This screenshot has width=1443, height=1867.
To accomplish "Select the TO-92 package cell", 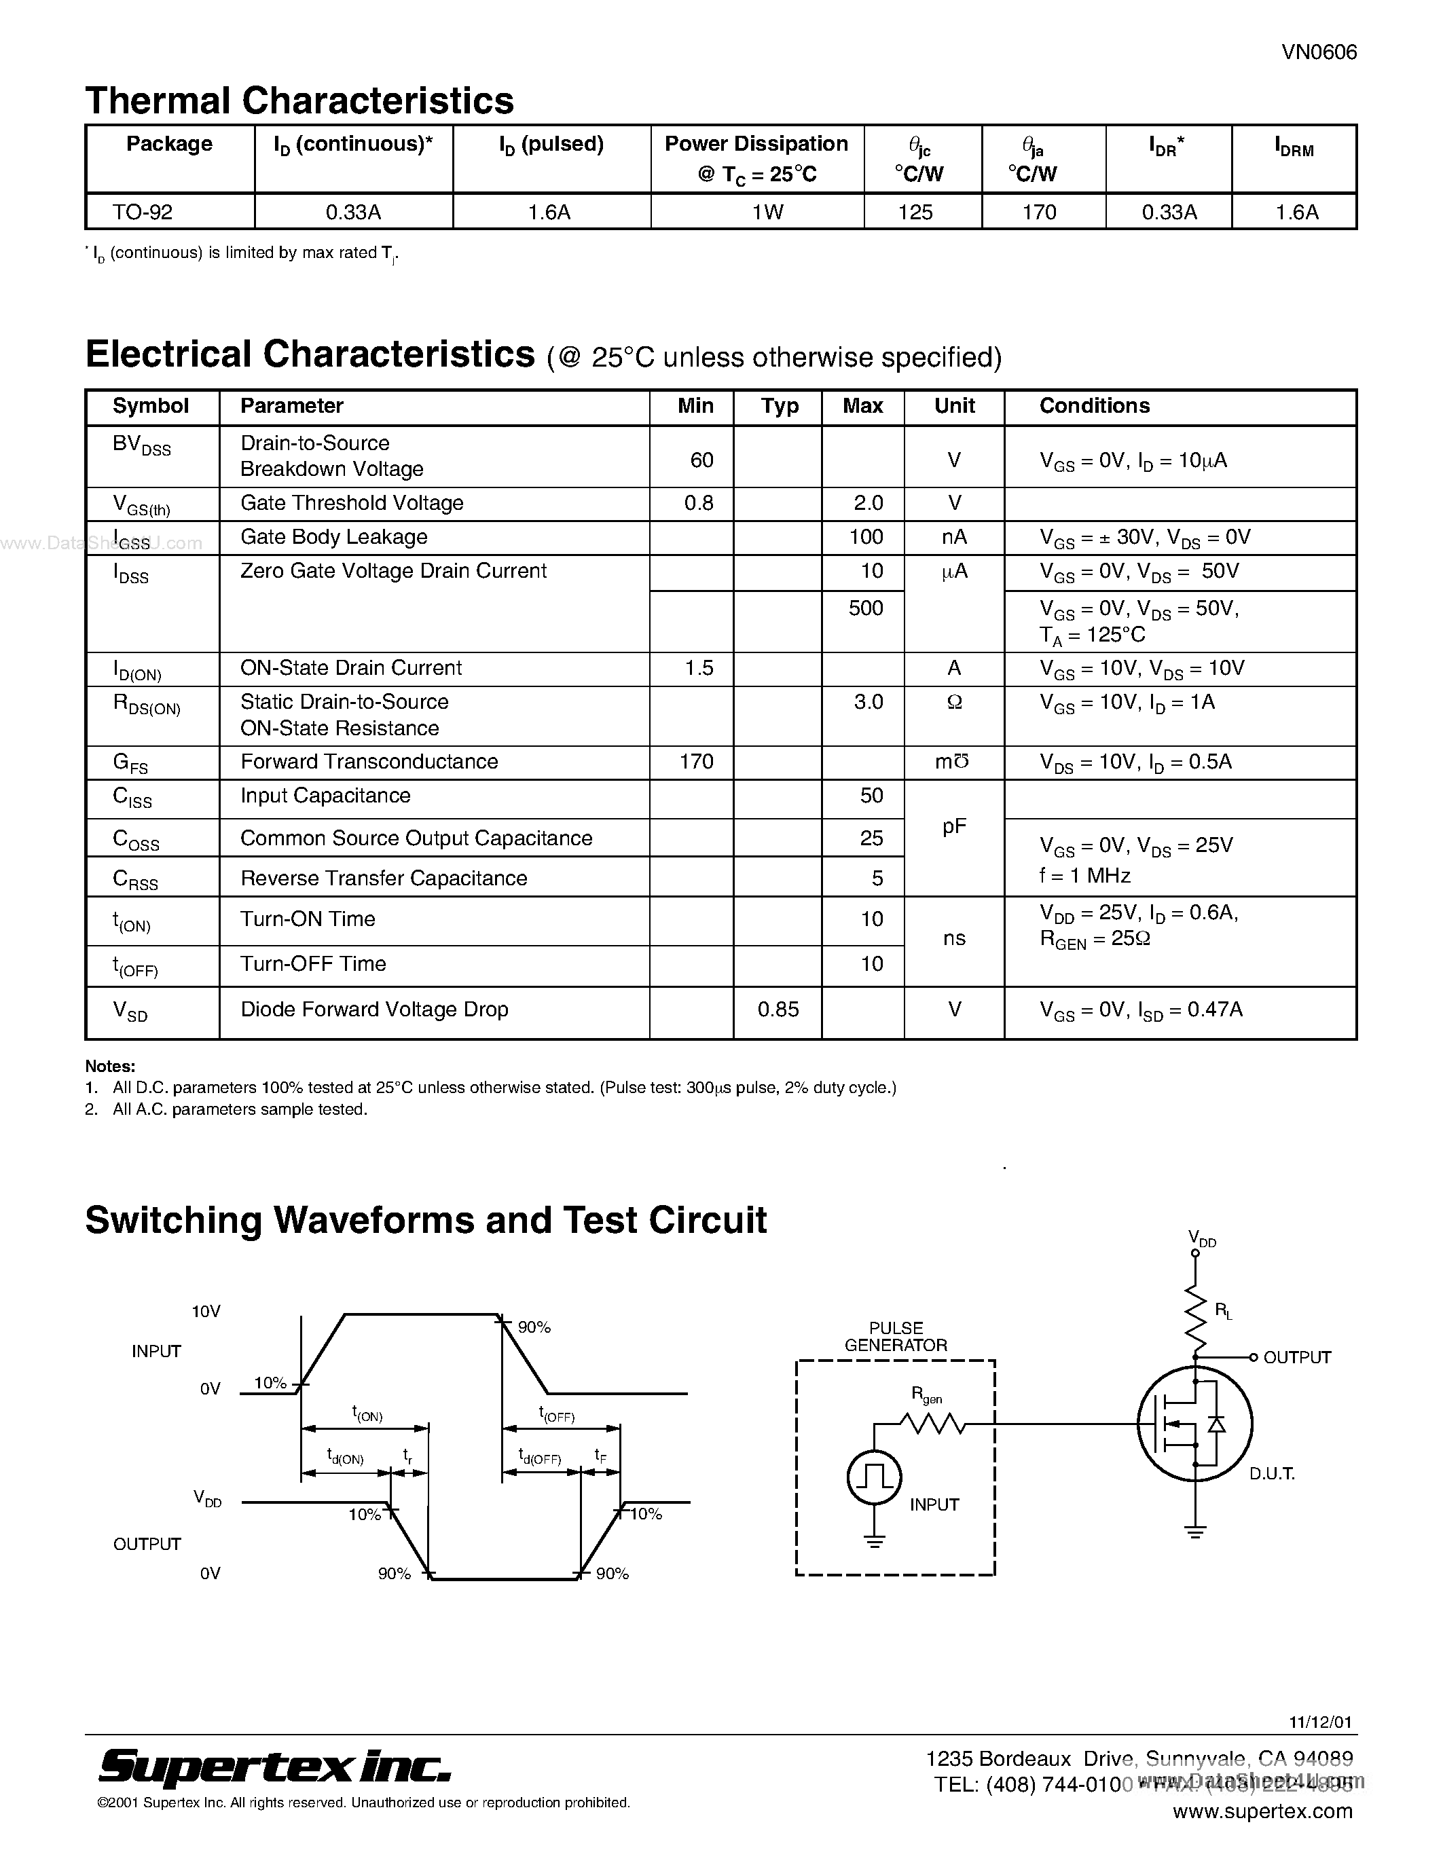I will coord(143,212).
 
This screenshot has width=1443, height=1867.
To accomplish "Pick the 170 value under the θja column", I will coord(1039,212).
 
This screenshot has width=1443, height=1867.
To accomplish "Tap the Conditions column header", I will coord(1094,406).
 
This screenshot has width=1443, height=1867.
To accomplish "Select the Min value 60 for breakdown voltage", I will coord(701,460).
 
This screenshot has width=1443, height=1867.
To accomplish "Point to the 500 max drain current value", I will coord(865,608).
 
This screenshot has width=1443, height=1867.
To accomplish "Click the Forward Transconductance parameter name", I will coord(369,762).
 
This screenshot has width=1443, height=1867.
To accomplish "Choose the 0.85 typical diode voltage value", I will coord(778,1010).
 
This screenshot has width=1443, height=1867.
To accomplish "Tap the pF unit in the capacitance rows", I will coord(954,827).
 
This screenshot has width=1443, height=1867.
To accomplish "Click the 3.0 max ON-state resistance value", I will coord(868,702).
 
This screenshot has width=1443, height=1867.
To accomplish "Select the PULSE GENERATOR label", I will coord(895,1336).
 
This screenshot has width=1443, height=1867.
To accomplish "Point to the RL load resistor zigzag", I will coord(1195,1316).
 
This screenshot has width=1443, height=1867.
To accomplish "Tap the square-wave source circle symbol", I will coord(874,1477).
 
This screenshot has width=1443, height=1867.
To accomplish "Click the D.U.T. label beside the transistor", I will coord(1271,1474).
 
